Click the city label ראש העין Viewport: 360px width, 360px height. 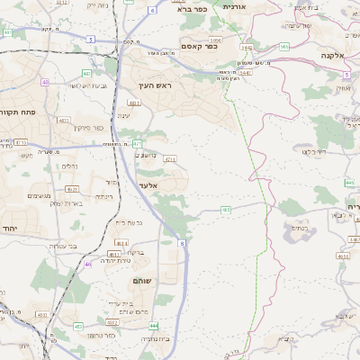pos(161,85)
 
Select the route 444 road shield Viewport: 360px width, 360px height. pos(154,326)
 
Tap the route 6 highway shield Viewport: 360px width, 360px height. pos(152,10)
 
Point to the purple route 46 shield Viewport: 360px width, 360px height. pos(88,265)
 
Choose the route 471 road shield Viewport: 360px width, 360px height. pos(137,143)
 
